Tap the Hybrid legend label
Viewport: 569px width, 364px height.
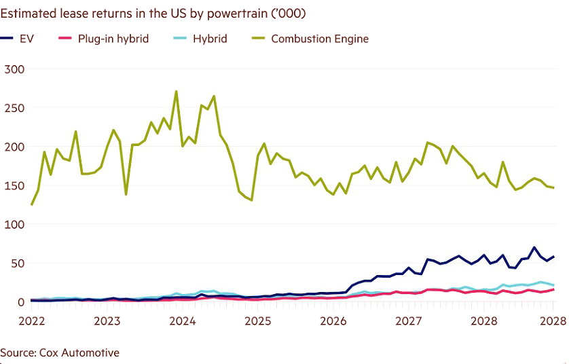(x=210, y=39)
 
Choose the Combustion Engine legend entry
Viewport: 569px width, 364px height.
(x=319, y=39)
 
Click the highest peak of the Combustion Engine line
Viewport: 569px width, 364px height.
(x=176, y=91)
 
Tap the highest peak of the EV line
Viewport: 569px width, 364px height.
(x=534, y=247)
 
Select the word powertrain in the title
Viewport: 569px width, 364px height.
(x=223, y=14)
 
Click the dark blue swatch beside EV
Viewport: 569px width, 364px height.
(x=9, y=39)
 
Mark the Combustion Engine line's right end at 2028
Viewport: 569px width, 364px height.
(x=553, y=187)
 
